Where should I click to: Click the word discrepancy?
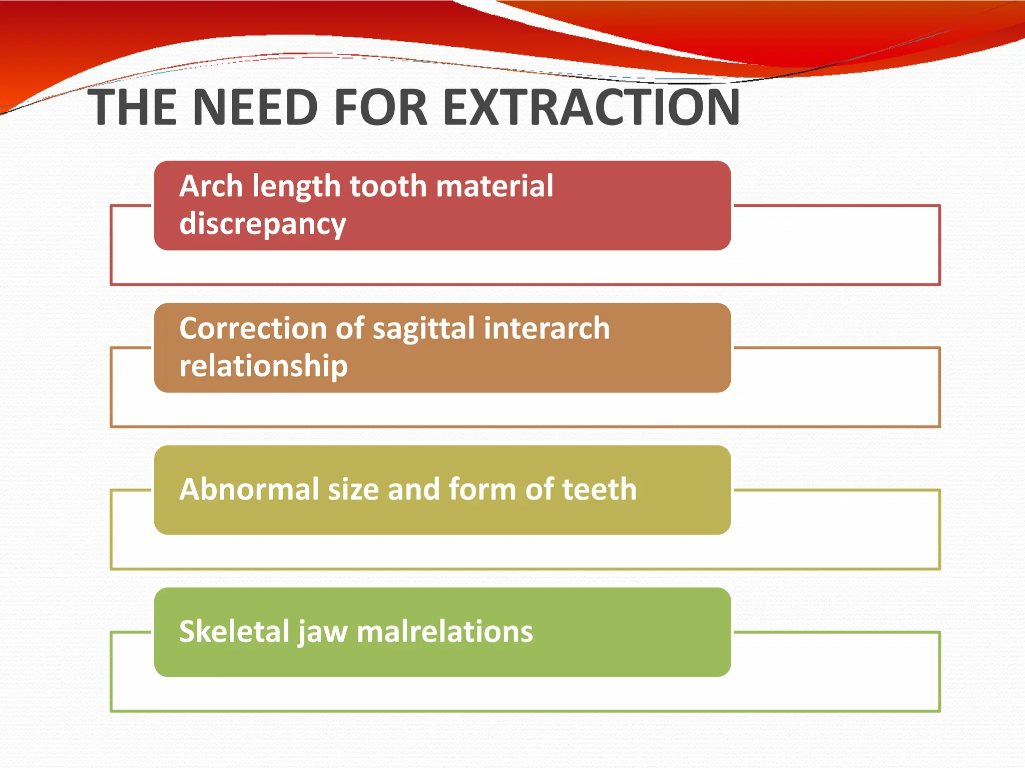(x=262, y=224)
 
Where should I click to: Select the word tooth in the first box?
(x=387, y=186)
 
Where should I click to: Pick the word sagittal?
(x=423, y=329)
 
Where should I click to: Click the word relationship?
(x=263, y=366)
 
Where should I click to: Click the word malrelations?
(x=444, y=631)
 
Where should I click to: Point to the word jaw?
(x=323, y=632)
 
